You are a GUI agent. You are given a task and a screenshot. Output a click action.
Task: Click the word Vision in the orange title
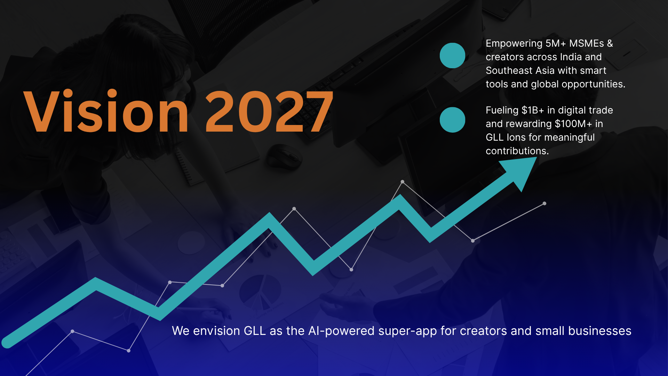coord(106,111)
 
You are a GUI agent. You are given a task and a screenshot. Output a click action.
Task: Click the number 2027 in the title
coord(269,111)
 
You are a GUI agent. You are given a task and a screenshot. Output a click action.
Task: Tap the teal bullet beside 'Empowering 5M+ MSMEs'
coord(452,55)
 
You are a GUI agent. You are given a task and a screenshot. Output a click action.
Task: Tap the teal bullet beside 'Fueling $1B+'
coord(452,120)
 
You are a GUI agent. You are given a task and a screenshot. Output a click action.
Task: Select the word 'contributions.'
coord(517,151)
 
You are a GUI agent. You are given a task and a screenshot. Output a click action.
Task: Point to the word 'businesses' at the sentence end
coord(600,331)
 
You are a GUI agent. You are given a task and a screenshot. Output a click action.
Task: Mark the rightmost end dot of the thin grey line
coord(544,204)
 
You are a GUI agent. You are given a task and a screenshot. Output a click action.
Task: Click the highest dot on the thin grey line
coord(403,182)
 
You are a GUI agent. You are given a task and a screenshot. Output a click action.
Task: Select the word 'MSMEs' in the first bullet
coord(587,43)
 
